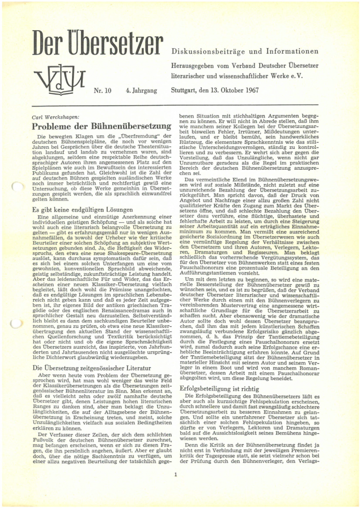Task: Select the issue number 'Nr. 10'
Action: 103,91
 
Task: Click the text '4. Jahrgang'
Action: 142,91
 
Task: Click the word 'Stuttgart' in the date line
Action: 185,91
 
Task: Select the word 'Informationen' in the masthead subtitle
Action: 291,52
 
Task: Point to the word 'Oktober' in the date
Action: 258,91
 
